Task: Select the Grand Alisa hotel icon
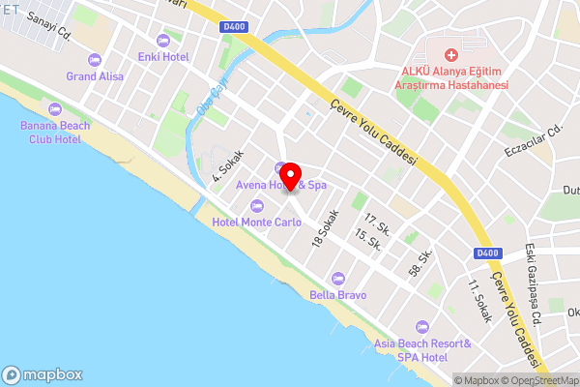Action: tap(94, 60)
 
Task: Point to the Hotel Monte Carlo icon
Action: tap(256, 205)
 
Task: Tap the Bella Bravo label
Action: tap(337, 294)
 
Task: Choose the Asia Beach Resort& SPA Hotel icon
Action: tap(420, 327)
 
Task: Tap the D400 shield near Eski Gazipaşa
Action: tap(488, 253)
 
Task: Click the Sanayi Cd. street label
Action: tap(50, 26)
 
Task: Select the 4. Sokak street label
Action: tap(228, 165)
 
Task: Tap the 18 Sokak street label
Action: tap(326, 227)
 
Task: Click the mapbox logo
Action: tap(43, 374)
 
